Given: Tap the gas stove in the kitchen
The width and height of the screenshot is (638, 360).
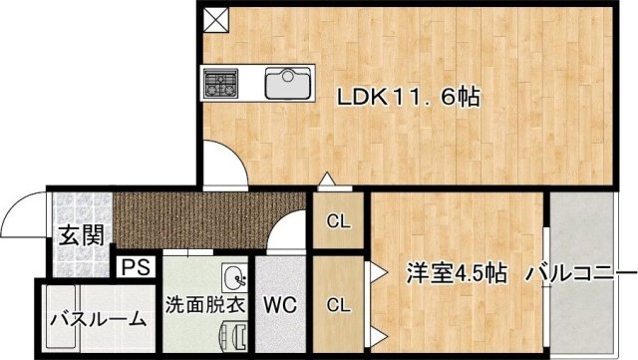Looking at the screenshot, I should tap(221, 82).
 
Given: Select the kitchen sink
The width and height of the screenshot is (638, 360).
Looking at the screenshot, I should tap(290, 83).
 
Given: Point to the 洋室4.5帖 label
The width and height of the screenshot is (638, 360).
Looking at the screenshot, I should tap(445, 271).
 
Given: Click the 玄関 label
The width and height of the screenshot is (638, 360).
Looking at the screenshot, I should tap(80, 236).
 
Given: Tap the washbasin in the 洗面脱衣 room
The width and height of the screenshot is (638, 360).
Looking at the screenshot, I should tap(234, 278).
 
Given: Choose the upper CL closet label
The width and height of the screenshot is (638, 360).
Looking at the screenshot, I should tap(339, 221).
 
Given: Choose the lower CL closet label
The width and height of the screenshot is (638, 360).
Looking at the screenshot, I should tap(339, 303).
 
